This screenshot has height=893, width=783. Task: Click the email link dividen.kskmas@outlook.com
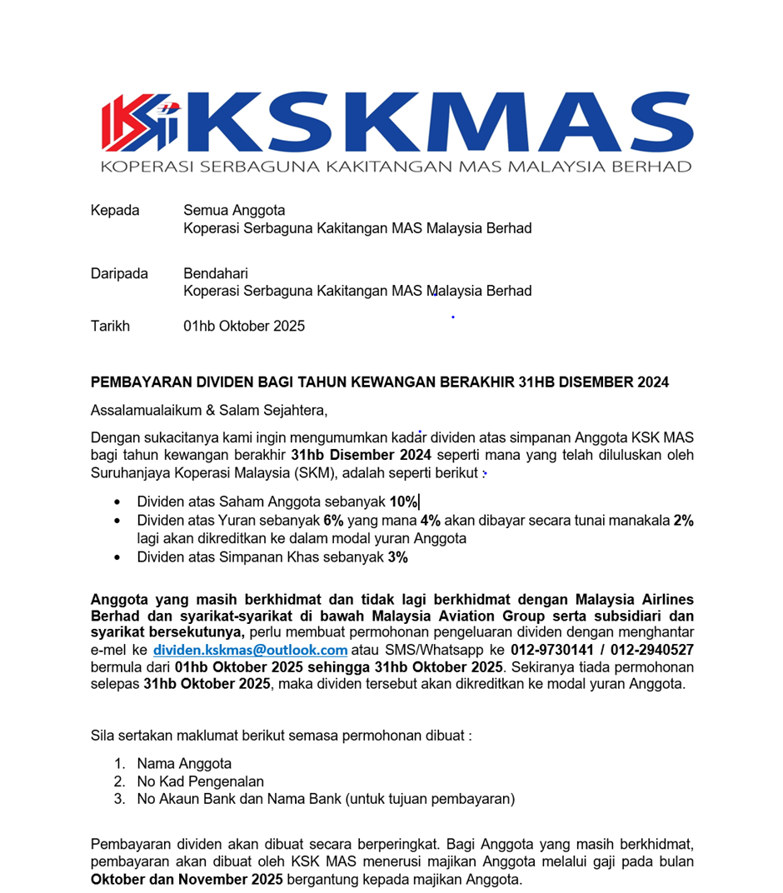250,650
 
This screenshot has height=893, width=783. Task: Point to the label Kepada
115,210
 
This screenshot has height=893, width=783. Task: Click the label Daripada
119,273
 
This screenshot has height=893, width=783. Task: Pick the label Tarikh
110,326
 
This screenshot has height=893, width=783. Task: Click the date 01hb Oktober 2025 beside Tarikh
244,326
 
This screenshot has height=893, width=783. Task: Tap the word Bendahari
216,273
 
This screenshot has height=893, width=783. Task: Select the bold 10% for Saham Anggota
403,502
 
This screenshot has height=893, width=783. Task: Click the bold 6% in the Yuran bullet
333,521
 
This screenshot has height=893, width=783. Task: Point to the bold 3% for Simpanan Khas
397,557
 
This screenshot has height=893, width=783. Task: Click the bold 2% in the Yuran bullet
683,521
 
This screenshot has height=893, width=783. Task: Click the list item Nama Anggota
184,763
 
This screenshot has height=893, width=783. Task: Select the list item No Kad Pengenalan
200,781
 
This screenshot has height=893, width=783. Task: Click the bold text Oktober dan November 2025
187,880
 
